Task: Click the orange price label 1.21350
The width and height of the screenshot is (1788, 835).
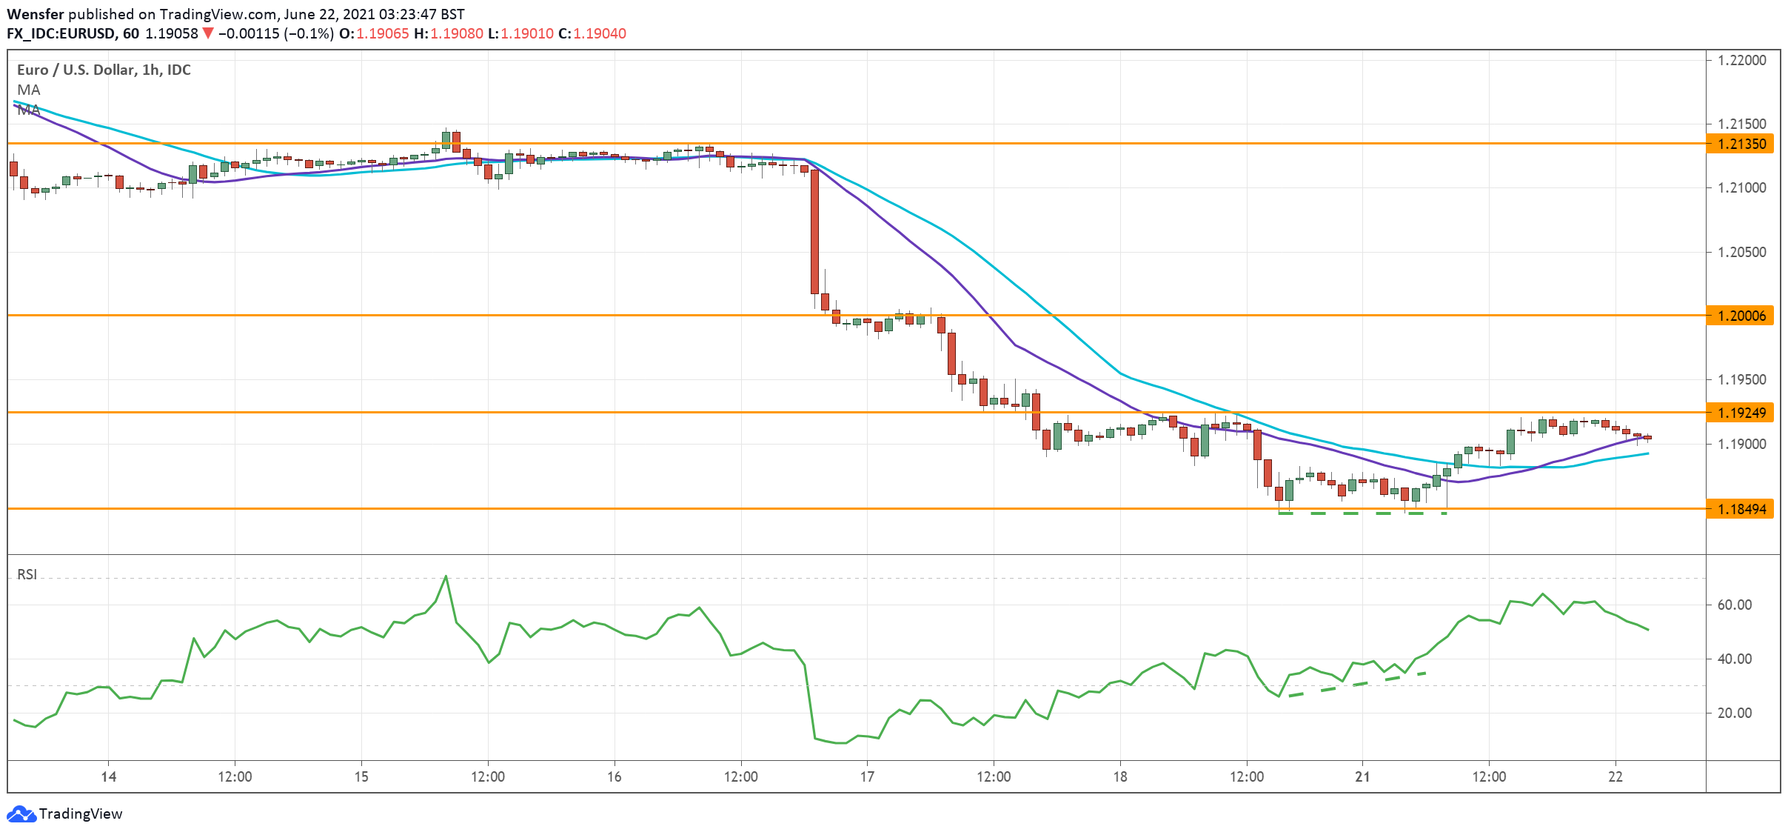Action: pyautogui.click(x=1741, y=144)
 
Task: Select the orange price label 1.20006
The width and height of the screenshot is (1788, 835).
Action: pyautogui.click(x=1741, y=316)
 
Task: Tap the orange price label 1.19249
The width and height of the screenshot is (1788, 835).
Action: pyautogui.click(x=1741, y=413)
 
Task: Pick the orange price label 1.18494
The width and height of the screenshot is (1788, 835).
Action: pyautogui.click(x=1741, y=509)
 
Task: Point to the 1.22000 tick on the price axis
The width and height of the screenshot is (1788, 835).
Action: pyautogui.click(x=1741, y=60)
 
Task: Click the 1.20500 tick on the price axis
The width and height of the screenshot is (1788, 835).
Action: pyautogui.click(x=1741, y=252)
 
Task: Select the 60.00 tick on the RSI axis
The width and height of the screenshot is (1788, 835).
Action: pyautogui.click(x=1734, y=605)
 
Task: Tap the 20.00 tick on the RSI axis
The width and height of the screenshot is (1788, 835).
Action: pyautogui.click(x=1734, y=713)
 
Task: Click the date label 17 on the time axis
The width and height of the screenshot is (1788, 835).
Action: pyautogui.click(x=867, y=776)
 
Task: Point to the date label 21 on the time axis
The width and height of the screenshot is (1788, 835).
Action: pyautogui.click(x=1362, y=776)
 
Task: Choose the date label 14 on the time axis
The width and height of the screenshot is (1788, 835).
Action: pyautogui.click(x=109, y=776)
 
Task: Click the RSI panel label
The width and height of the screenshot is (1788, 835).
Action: pyautogui.click(x=27, y=574)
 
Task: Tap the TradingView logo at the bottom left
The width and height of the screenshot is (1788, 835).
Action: pyautogui.click(x=65, y=814)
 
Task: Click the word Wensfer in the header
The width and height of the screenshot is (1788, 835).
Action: pyautogui.click(x=35, y=14)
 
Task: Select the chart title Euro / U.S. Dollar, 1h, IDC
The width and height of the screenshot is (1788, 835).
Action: pyautogui.click(x=104, y=70)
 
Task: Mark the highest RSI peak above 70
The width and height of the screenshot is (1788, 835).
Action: pyautogui.click(x=446, y=577)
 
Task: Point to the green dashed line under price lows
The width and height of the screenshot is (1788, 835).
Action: pyautogui.click(x=1362, y=513)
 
